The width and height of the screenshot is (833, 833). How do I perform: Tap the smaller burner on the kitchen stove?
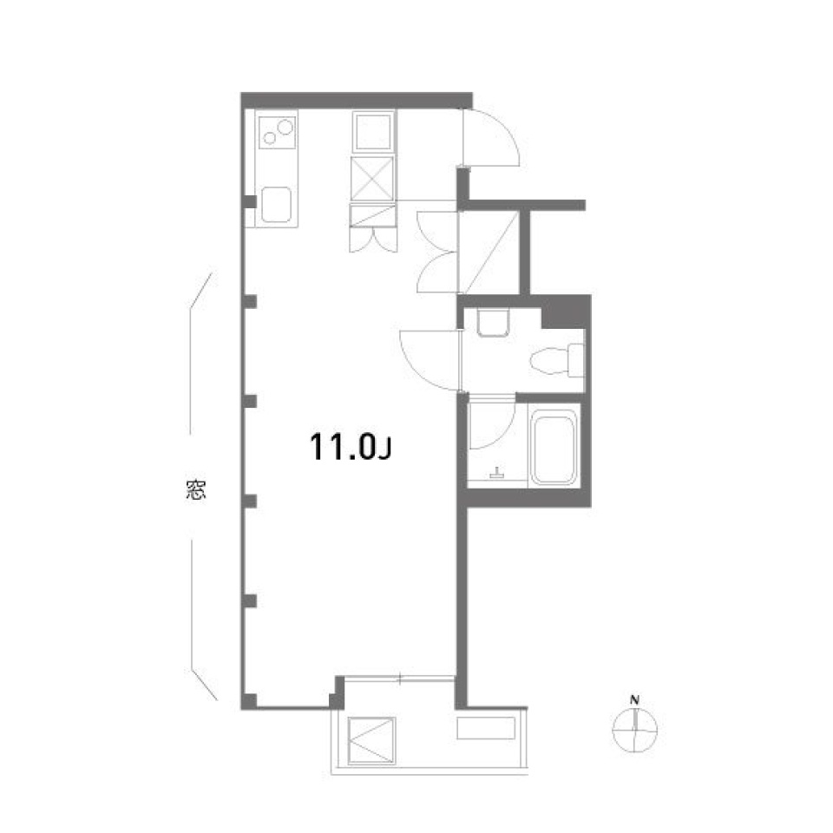(271, 138)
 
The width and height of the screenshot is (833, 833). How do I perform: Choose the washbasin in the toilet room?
(492, 322)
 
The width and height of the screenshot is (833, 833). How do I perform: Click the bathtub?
(554, 449)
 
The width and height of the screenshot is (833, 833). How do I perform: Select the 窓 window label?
(195, 490)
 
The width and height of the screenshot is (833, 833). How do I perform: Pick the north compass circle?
(635, 731)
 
